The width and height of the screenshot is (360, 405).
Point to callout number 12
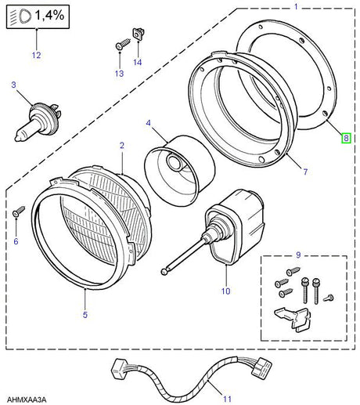point(34,55)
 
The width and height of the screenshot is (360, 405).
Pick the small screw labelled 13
point(118,46)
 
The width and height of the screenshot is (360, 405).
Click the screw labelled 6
point(20,211)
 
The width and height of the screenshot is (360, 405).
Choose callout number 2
point(121,146)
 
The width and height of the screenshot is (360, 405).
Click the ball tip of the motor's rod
point(165,272)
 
